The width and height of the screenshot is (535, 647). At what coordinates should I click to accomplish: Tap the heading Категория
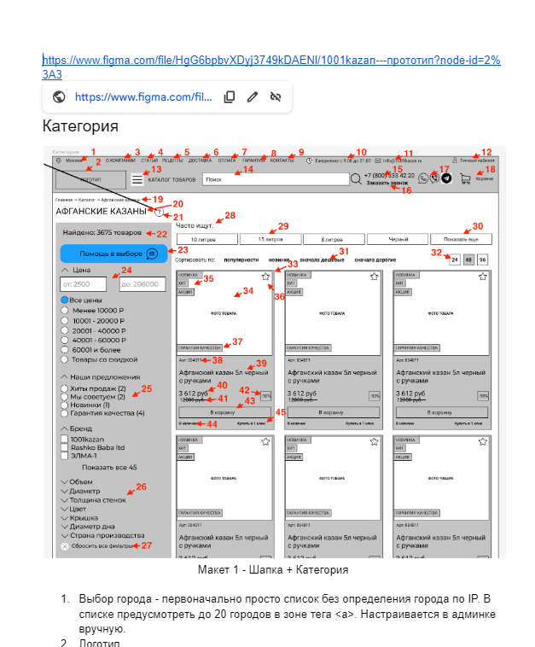(80, 127)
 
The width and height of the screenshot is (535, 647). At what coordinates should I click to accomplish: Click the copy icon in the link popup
(230, 97)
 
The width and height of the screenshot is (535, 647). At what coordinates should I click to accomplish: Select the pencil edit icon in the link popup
(253, 97)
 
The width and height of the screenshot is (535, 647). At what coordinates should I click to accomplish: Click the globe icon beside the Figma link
(59, 97)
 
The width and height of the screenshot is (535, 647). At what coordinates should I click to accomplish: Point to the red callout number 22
(161, 233)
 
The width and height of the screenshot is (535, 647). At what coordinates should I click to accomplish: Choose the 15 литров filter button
(270, 240)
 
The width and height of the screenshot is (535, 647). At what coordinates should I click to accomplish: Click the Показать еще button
(462, 240)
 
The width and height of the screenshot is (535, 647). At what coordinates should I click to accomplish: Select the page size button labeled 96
(483, 259)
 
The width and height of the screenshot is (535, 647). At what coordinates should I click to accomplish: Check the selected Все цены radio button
(65, 301)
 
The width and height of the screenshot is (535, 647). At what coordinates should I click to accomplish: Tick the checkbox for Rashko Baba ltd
(65, 446)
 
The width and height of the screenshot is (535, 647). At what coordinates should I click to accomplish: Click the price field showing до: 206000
(142, 283)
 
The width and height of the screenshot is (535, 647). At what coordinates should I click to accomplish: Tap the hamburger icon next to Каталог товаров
(138, 179)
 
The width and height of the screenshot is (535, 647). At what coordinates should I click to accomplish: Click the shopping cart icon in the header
(465, 179)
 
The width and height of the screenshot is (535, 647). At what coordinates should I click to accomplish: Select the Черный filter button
(398, 240)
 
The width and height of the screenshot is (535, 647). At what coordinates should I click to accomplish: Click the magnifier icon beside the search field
(356, 179)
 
